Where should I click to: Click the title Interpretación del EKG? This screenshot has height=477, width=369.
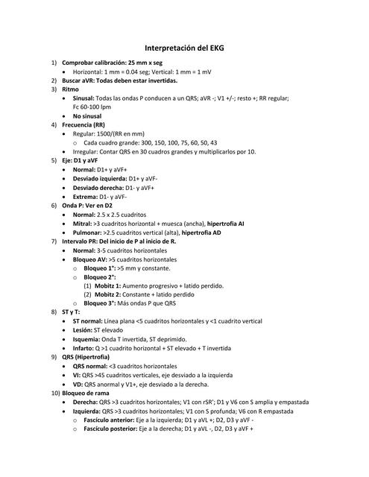coord(184,47)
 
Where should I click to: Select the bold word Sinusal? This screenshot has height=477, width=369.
coord(83,98)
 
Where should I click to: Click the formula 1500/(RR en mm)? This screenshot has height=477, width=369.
coord(121,133)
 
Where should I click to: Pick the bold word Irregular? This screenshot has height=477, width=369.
coord(86,151)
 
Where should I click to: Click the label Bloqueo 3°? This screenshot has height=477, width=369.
coord(101,303)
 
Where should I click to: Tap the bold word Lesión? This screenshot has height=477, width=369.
coord(82,329)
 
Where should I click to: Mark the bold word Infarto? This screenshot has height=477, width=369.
coord(83,347)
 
